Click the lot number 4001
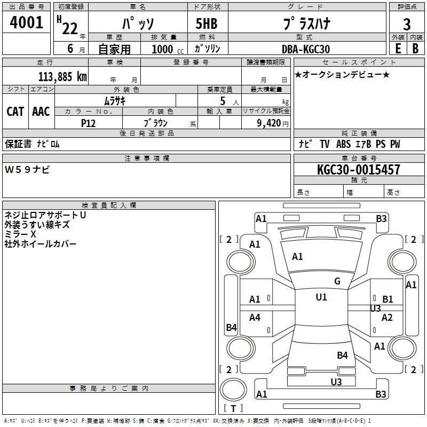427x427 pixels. tap(26, 23)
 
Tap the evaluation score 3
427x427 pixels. tap(407, 24)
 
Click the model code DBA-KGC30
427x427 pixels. tap(306, 49)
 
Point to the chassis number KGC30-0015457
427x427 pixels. tap(358, 170)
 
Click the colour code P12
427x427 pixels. tap(89, 123)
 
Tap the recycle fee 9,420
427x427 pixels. tap(269, 123)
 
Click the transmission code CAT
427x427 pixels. tap(15, 111)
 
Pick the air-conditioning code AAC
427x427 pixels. tap(41, 111)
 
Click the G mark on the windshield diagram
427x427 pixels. tap(337, 281)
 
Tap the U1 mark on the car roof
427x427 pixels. tap(321, 297)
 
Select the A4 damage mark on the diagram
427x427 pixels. tap(255, 318)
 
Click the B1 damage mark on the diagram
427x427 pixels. tap(388, 299)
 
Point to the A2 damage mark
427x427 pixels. tap(387, 318)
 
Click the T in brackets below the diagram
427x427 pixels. tap(233, 408)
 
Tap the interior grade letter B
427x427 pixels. tap(415, 49)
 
